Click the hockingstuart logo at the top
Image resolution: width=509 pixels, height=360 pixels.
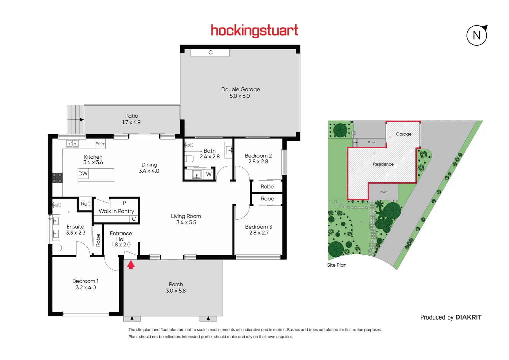tap(254, 31)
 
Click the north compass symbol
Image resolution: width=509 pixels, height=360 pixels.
tap(477, 35)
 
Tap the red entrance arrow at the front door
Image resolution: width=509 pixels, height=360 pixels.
tap(131, 265)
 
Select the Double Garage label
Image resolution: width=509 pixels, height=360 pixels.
tap(241, 89)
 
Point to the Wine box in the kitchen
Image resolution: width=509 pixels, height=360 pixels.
tap(100, 143)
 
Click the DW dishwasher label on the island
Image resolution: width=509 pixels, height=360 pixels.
tap(83, 174)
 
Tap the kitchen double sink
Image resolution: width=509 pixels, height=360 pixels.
tap(72, 144)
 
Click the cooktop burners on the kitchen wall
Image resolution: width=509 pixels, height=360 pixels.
tap(57, 178)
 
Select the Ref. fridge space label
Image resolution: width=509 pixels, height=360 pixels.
tap(85, 204)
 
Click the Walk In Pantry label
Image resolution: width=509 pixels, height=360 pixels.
tap(116, 211)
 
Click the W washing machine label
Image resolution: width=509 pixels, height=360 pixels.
tap(209, 174)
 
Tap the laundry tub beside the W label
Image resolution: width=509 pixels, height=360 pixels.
tap(197, 174)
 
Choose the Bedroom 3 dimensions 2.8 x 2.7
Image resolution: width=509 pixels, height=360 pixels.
tap(259, 233)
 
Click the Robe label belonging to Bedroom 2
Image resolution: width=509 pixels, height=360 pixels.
tap(267, 187)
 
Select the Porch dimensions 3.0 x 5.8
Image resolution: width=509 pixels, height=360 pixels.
tap(176, 291)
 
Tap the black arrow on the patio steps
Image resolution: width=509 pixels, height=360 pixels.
tap(81, 120)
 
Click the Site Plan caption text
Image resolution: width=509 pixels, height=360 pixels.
tap(337, 265)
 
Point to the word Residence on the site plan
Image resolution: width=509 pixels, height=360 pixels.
tap(383, 164)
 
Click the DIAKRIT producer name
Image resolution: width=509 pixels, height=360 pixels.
tap(468, 317)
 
